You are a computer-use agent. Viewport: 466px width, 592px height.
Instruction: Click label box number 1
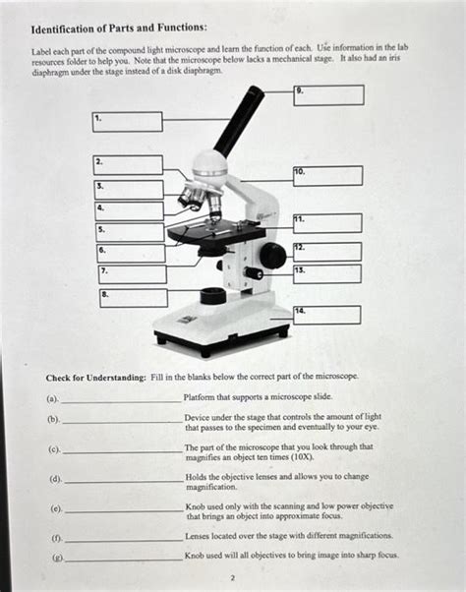[x=127, y=121]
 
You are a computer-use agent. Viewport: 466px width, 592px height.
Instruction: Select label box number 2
[x=128, y=164]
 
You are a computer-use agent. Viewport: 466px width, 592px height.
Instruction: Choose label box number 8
[x=133, y=297]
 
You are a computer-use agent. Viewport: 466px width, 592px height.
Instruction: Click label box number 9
[x=328, y=95]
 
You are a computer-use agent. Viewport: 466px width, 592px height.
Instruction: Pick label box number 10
[x=327, y=176]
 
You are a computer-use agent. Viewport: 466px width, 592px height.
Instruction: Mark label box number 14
[x=326, y=315]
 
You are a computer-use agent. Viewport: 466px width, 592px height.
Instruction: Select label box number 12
[x=327, y=251]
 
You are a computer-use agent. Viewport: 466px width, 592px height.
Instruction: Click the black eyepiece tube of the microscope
[x=239, y=119]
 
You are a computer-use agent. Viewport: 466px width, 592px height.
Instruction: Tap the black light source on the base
[x=212, y=296]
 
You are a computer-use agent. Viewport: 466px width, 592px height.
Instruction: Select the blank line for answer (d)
[x=120, y=482]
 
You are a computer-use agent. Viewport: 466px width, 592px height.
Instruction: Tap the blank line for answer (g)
[x=120, y=558]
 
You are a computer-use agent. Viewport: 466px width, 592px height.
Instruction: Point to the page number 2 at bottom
[x=233, y=578]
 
